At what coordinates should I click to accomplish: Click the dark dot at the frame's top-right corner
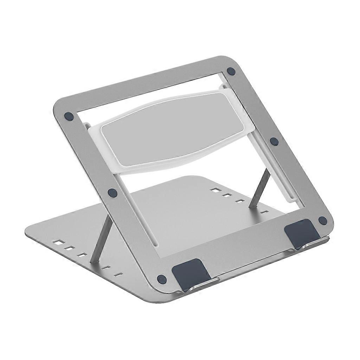click(x=231, y=71)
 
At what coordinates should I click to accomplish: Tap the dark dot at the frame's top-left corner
click(x=69, y=116)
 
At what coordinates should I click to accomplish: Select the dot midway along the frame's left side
click(x=112, y=192)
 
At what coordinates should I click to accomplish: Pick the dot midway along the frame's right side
click(x=274, y=141)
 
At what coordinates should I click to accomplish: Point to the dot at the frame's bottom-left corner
click(x=162, y=279)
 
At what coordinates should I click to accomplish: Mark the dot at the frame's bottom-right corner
click(x=322, y=220)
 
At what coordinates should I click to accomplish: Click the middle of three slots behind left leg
click(x=69, y=248)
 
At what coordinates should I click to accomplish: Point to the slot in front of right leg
click(x=265, y=212)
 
